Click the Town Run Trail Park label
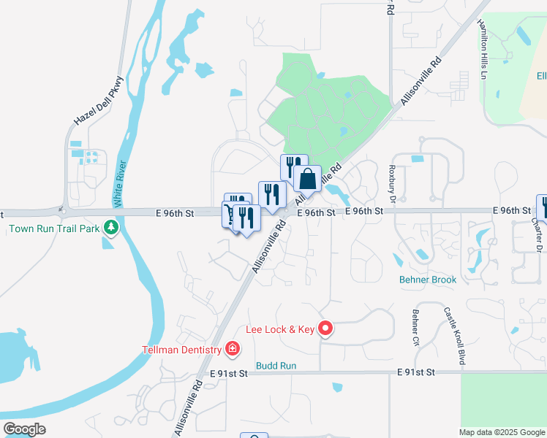coord(53,228)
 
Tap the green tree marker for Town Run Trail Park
coord(111,228)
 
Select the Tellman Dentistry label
coord(181,350)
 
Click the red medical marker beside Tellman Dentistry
coord(233,349)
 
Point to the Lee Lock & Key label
coord(279,330)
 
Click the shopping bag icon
coord(308,179)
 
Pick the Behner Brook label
coord(428,280)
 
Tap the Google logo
coord(25,429)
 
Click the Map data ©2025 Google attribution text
coord(502,432)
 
